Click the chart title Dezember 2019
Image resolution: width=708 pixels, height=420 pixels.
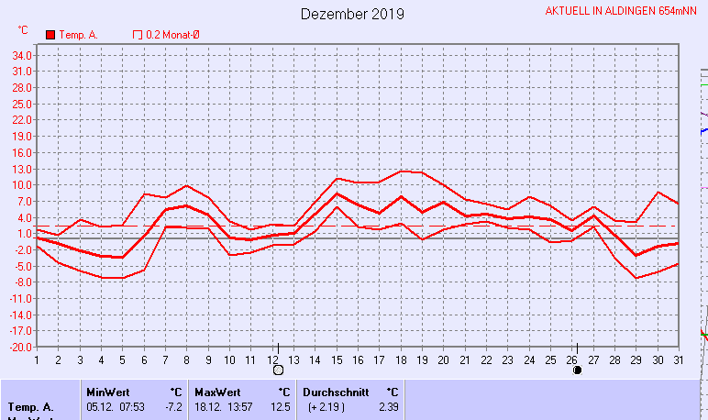click(352, 15)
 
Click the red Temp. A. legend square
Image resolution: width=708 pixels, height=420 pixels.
click(50, 35)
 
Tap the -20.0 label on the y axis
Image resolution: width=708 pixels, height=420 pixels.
click(23, 348)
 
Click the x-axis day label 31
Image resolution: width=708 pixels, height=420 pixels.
click(678, 359)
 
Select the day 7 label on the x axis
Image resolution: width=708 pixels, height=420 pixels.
click(166, 359)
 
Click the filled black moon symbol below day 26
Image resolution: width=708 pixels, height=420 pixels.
click(577, 370)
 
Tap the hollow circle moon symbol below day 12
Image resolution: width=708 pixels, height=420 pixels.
click(278, 370)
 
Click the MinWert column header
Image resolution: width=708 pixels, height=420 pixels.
click(108, 392)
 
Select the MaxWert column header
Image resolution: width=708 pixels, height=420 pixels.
click(217, 392)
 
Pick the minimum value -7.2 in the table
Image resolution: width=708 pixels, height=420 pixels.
click(172, 406)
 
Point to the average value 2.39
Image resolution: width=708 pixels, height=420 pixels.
click(388, 406)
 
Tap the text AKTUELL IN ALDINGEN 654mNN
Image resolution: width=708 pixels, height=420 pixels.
click(623, 11)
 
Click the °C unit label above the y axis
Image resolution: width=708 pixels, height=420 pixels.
click(23, 30)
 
